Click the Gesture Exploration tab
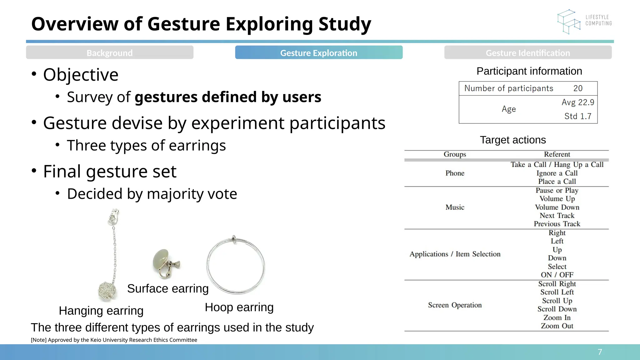tap(318, 53)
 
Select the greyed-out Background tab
tap(109, 53)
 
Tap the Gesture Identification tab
tap(527, 53)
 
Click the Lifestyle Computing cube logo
tap(568, 22)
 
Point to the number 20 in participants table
tap(578, 88)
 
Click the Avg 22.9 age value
tap(577, 102)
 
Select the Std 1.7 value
tap(577, 116)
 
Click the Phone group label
tap(455, 173)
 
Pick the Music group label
tap(455, 207)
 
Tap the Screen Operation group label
tap(455, 305)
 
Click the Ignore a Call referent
tap(557, 173)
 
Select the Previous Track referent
tap(557, 224)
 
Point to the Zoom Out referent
tap(557, 326)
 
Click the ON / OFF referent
tap(557, 275)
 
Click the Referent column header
tap(557, 154)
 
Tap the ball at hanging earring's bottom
tap(107, 291)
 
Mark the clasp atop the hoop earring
tap(234, 239)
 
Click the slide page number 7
tap(600, 352)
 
